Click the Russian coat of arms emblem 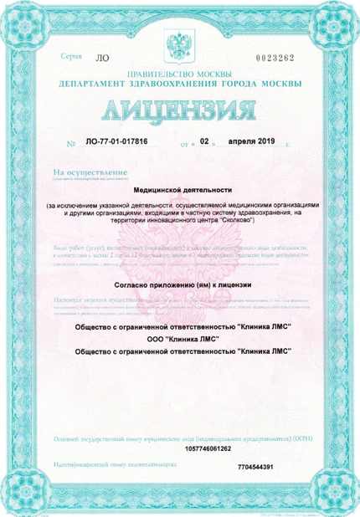[179, 46]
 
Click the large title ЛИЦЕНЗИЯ [179, 111]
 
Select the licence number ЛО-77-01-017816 [116, 142]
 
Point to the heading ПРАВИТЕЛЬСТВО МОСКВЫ [179, 75]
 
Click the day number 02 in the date [203, 141]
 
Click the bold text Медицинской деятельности [179, 190]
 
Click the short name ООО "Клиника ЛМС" [179, 338]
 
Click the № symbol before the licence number [70, 143]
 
